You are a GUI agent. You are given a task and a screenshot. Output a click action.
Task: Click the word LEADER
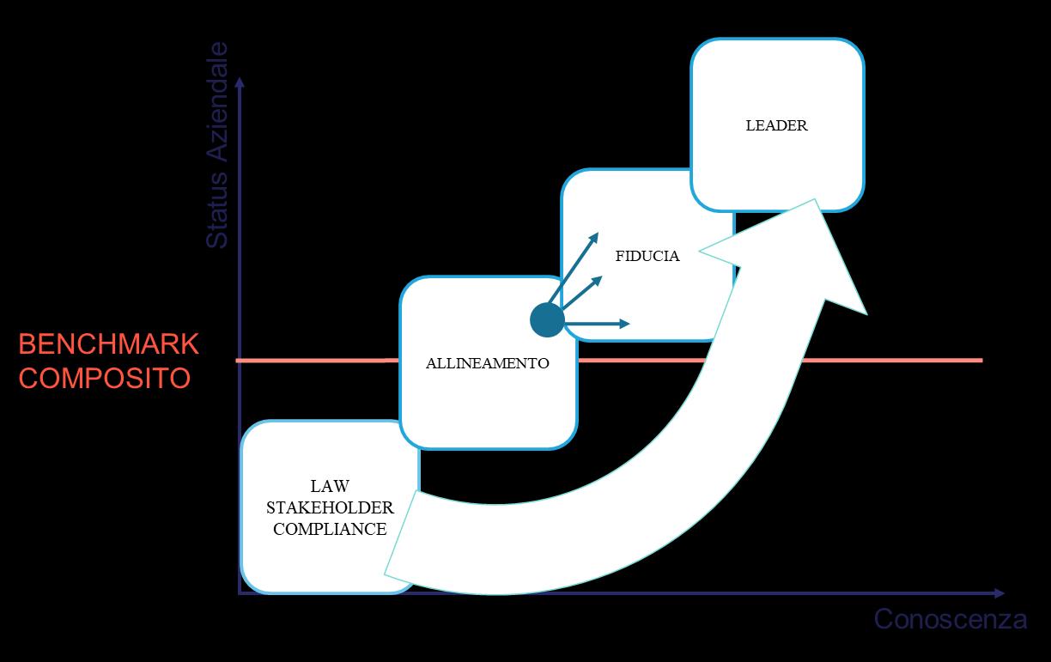[776, 125]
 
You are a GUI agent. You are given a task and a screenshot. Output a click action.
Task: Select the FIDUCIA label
[647, 256]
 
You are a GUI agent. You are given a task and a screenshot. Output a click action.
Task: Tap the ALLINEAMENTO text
[487, 363]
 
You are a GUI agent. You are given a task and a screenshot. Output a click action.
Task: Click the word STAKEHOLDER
[330, 508]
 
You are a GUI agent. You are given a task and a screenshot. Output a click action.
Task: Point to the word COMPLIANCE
[330, 529]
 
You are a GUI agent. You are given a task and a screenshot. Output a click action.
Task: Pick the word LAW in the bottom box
[330, 487]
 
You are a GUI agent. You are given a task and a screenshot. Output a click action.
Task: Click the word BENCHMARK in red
[108, 344]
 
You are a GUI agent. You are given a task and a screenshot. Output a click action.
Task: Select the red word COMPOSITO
[104, 378]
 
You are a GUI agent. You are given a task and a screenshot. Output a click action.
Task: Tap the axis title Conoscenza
[950, 619]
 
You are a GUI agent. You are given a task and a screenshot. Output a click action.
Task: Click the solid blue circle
[547, 320]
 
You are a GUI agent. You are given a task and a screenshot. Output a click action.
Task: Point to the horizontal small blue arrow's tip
[629, 324]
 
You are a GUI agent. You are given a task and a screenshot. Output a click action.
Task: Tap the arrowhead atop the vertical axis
[240, 80]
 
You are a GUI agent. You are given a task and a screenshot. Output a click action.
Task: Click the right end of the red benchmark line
[981, 360]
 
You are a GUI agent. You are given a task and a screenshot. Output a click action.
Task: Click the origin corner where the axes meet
[240, 592]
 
